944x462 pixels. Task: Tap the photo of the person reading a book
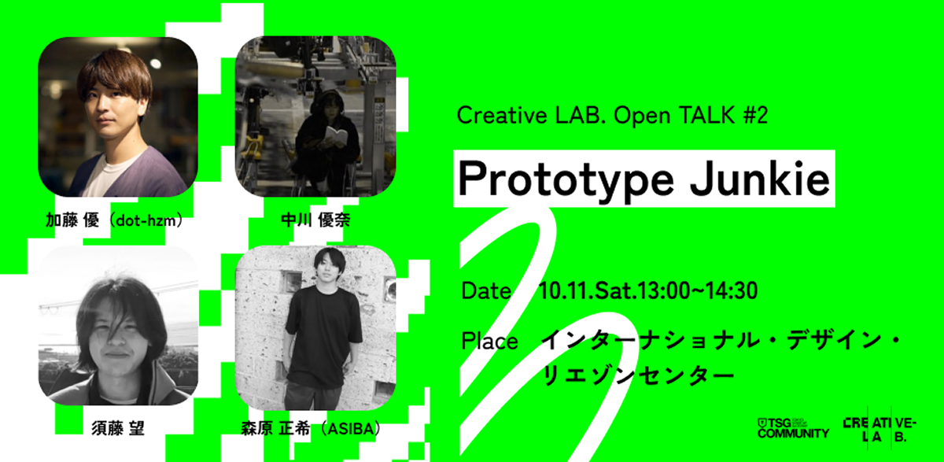[315, 116]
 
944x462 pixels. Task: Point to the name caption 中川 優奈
[315, 221]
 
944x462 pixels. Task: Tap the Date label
[486, 291]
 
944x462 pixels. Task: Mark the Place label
[489, 342]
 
